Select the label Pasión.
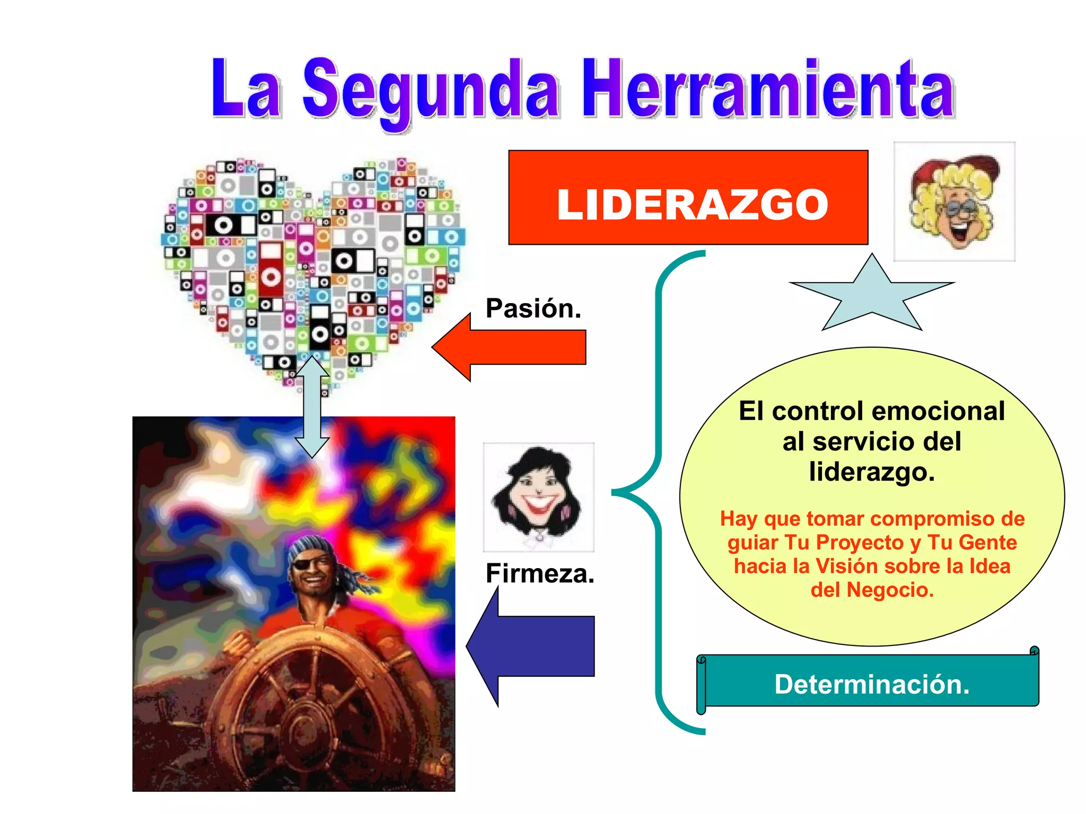(x=533, y=308)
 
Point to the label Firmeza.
(x=540, y=573)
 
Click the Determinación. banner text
(x=872, y=684)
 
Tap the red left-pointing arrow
(x=509, y=347)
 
